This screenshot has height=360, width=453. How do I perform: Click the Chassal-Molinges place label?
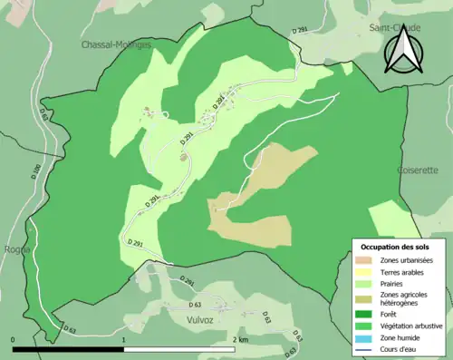(x=115, y=44)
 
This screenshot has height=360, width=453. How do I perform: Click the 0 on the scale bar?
(x=14, y=339)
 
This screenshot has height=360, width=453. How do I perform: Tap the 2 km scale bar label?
(x=239, y=339)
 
